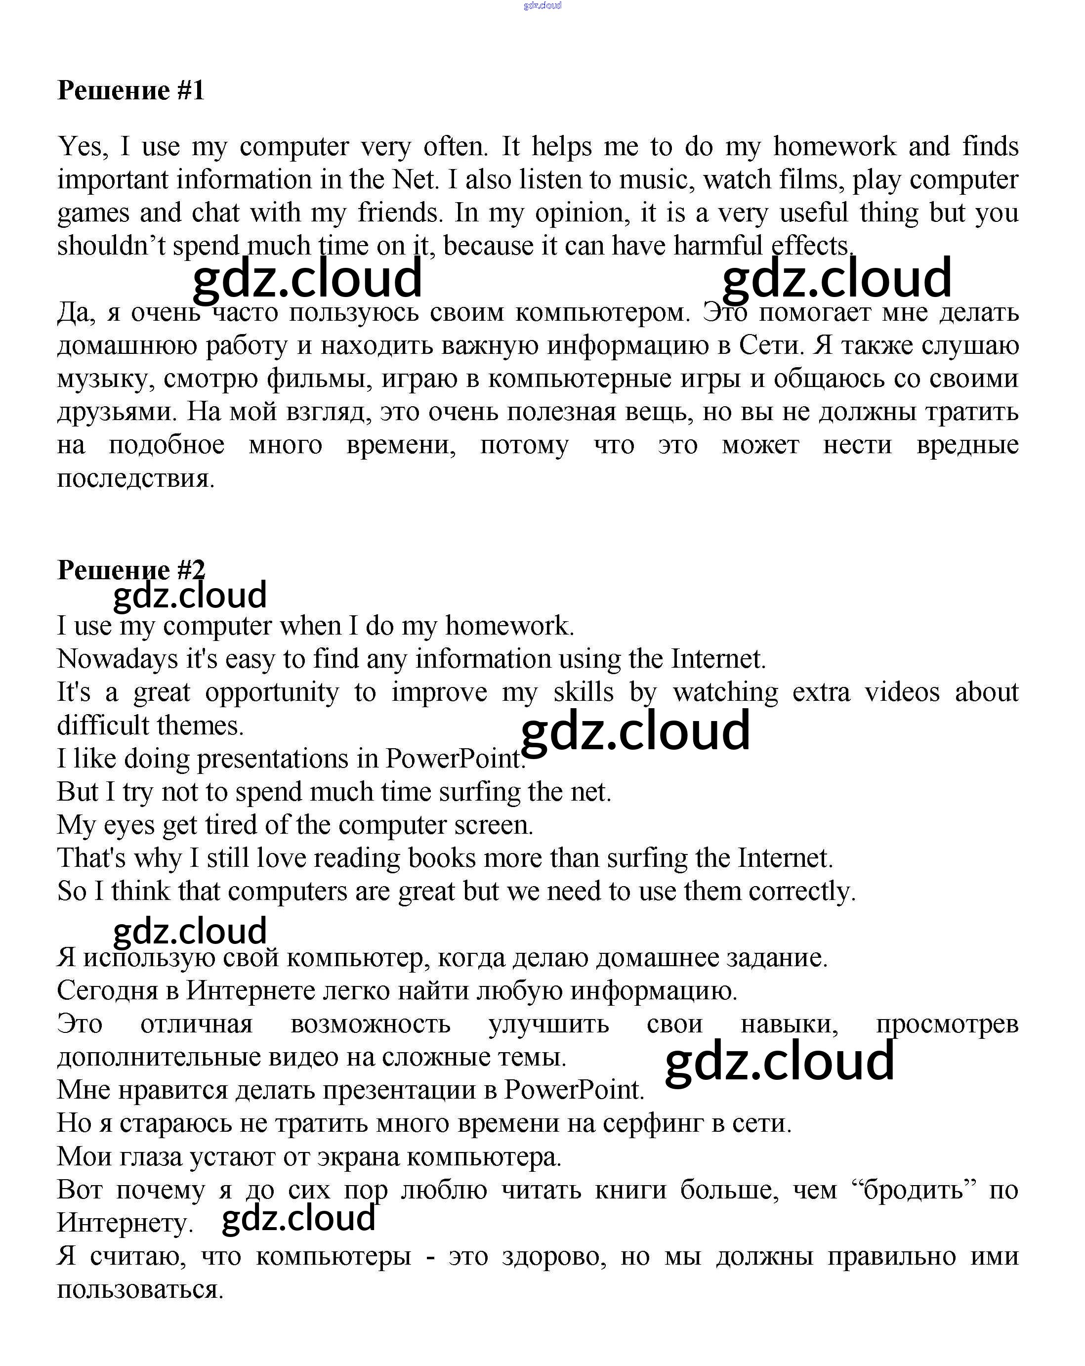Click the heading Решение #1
(131, 90)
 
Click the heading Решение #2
(131, 570)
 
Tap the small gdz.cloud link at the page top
(542, 6)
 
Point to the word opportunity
(272, 692)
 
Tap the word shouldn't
(111, 246)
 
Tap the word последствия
(135, 478)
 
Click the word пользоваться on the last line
(139, 1289)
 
